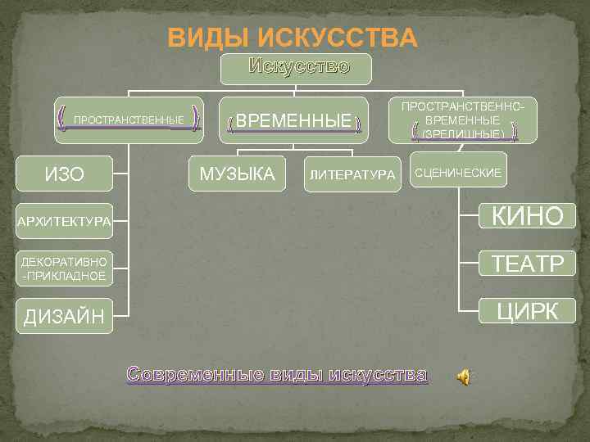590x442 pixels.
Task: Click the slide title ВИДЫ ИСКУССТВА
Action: (292, 38)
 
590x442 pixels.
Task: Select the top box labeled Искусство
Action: (297, 69)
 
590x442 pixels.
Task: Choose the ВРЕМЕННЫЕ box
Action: (293, 122)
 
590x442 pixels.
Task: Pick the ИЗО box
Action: (65, 174)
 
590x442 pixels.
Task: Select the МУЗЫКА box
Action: (238, 173)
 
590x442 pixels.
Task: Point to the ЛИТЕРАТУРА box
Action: (352, 174)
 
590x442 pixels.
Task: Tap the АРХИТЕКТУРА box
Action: (65, 221)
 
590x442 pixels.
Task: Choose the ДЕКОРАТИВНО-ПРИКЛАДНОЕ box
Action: (65, 268)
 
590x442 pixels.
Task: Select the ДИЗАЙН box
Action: (65, 315)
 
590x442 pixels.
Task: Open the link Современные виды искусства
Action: (277, 375)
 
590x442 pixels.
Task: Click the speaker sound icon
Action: (464, 376)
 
